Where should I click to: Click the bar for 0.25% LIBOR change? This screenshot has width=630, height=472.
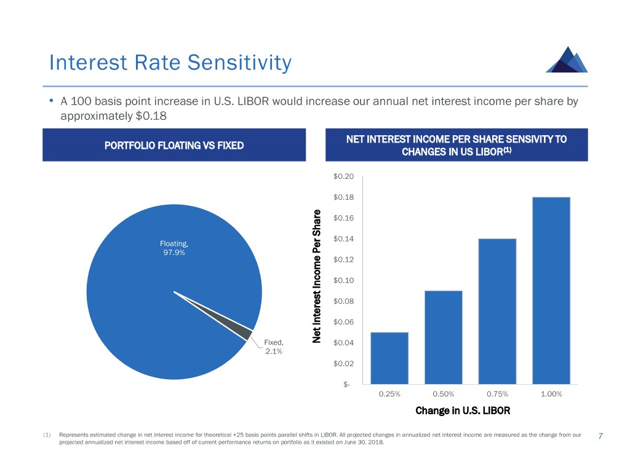point(389,358)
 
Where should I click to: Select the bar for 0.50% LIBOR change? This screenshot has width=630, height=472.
point(443,337)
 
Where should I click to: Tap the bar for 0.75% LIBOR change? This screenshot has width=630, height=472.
point(497,312)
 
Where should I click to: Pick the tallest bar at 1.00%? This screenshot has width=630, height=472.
point(551,291)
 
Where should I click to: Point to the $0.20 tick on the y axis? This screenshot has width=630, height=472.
point(343,176)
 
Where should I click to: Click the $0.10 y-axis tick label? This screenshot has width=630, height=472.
point(343,281)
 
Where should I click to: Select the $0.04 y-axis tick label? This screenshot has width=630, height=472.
point(343,343)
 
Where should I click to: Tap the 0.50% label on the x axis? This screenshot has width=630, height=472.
point(443,395)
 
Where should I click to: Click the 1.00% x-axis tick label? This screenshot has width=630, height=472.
point(551,395)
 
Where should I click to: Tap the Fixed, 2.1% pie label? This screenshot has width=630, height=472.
point(273,347)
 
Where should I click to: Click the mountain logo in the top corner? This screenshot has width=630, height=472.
point(566,60)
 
